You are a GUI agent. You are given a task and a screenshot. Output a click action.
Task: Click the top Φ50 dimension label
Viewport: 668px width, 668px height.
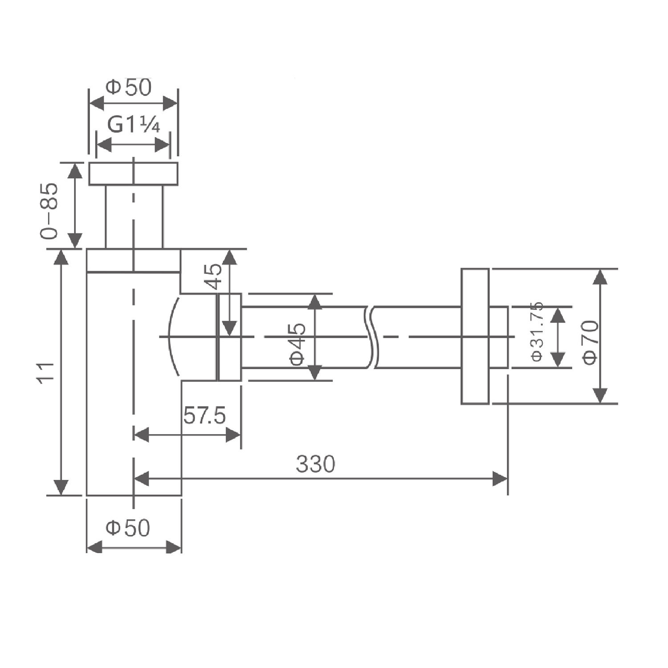129,87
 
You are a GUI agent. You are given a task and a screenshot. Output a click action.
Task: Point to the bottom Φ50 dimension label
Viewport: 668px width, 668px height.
128,528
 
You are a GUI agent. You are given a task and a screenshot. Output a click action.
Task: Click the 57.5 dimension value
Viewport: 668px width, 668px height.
205,416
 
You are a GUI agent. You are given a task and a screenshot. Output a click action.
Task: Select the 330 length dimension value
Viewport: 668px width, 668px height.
315,464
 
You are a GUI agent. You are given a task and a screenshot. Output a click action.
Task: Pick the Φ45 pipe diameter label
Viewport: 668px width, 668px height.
298,344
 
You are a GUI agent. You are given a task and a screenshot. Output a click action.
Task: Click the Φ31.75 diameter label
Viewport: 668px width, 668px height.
537,331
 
